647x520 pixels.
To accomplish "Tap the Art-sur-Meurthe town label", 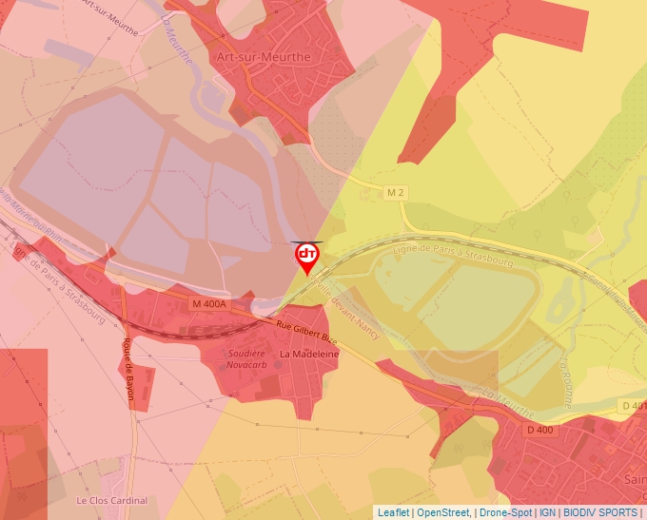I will point(264,57).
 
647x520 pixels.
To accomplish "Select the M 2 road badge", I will point(396,193).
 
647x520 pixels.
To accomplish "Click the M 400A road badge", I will point(209,303).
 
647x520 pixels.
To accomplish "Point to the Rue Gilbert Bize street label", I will point(306,331).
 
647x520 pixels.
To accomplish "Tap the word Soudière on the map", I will point(245,353).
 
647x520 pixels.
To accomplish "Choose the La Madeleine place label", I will point(308,353).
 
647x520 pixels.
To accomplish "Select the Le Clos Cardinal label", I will point(112,501).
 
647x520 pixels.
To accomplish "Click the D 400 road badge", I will point(539,431).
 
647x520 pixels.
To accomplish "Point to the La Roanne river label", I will point(564,382).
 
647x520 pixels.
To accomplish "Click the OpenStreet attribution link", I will point(443,512).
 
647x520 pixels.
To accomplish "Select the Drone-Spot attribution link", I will point(506,512).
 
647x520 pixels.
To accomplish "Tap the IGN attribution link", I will point(547,512).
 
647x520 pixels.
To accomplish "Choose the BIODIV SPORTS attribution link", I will point(600,512).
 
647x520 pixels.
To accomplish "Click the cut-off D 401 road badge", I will point(636,407).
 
